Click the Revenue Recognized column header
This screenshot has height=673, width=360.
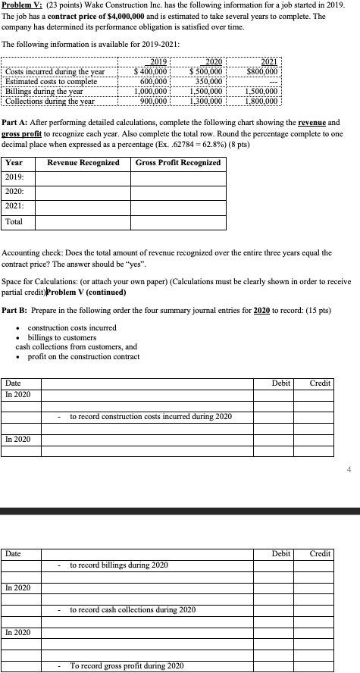tap(83, 163)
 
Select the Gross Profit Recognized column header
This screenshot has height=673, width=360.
tap(179, 163)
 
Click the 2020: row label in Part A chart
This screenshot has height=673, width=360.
tap(15, 193)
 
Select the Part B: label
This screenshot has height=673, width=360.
tap(17, 309)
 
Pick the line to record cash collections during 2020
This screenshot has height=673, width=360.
tap(132, 609)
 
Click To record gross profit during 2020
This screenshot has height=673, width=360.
tap(127, 665)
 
